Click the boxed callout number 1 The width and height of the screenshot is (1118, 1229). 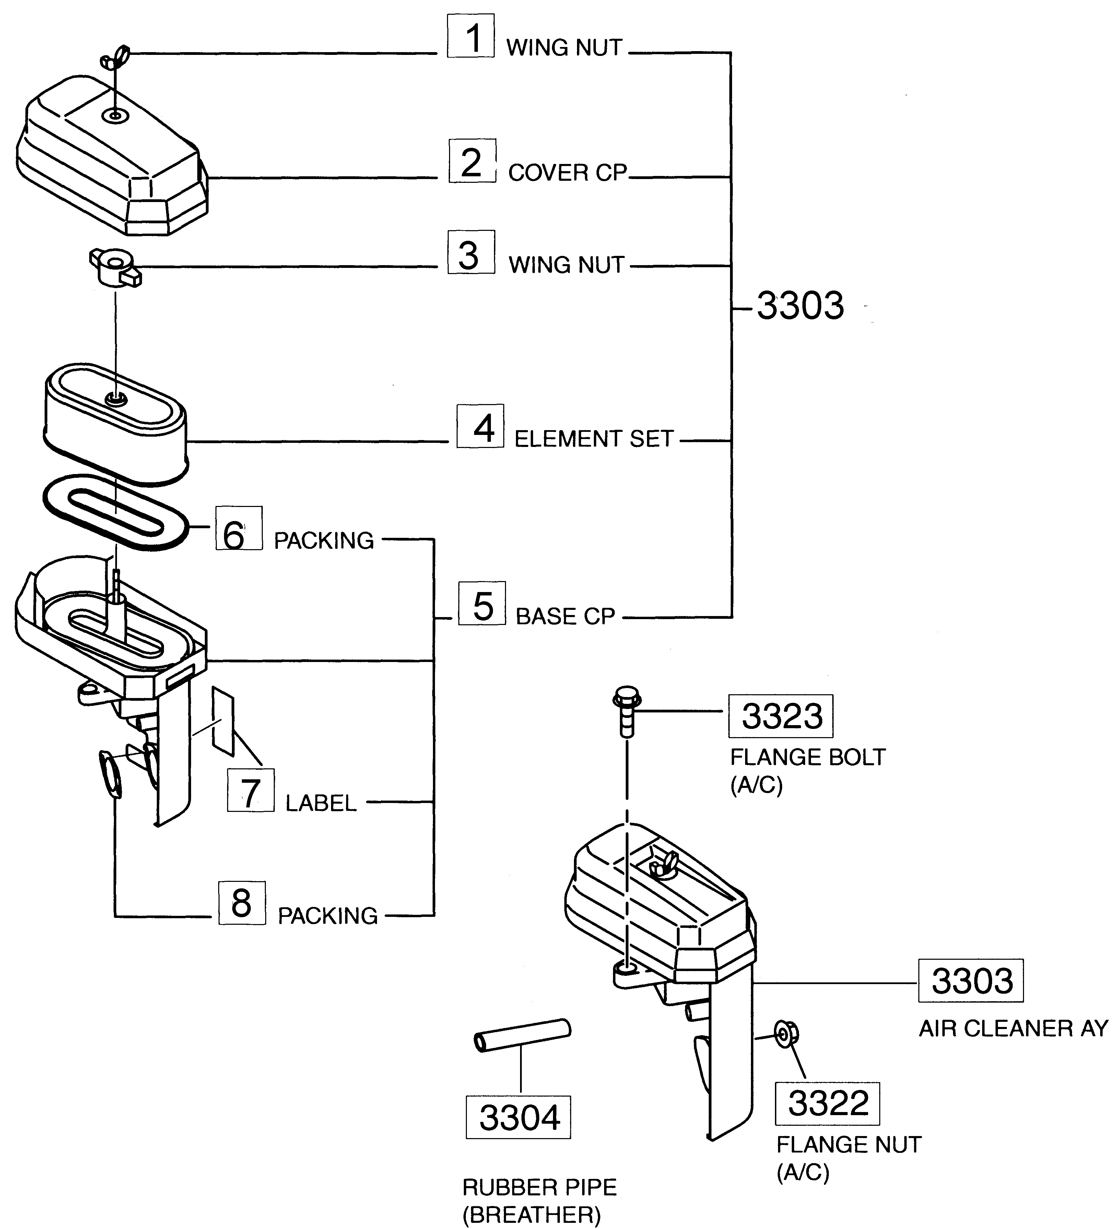[471, 37]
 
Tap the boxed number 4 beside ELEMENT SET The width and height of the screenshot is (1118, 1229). [480, 426]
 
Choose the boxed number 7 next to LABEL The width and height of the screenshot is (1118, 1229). [250, 791]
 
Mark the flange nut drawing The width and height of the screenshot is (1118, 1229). [786, 1033]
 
